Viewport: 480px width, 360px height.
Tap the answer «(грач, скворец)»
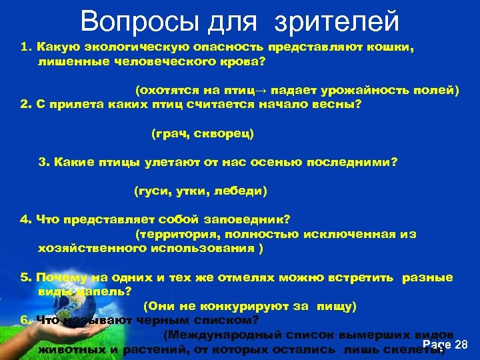[203, 134]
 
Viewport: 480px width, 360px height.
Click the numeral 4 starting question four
[23, 219]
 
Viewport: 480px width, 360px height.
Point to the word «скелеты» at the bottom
[417, 349]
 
